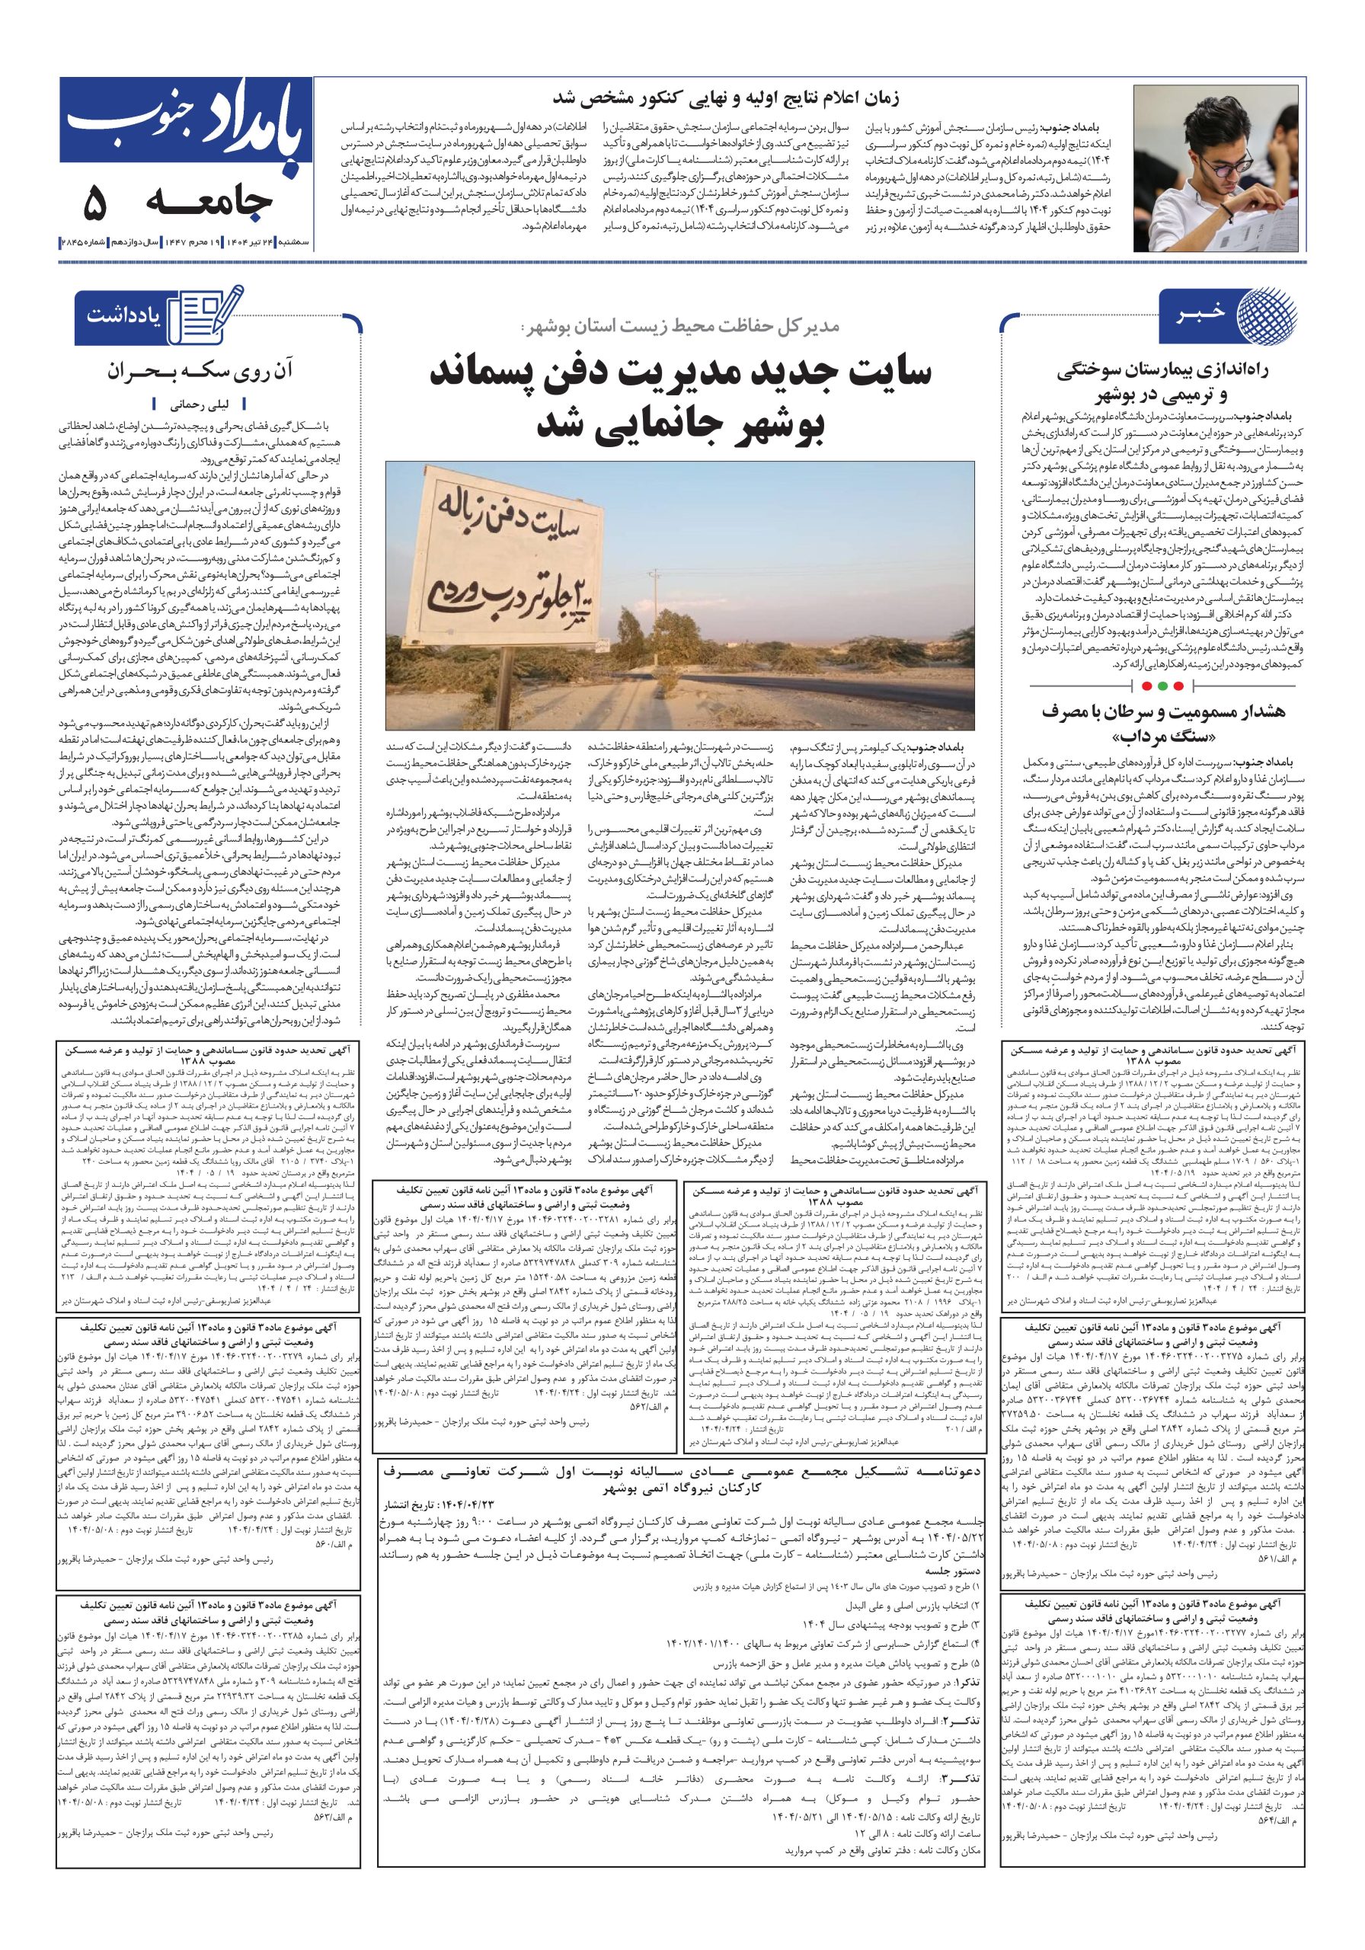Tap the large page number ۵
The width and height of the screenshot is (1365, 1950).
pyautogui.click(x=94, y=203)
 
